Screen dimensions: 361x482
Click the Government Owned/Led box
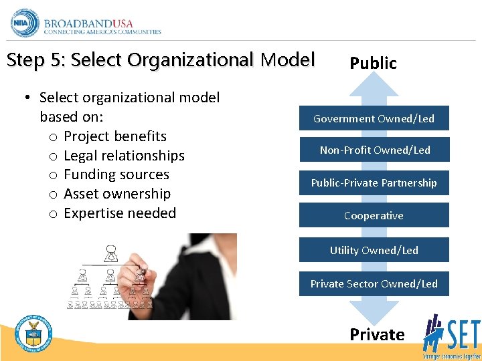(374, 118)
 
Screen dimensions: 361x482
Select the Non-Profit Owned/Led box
(374, 150)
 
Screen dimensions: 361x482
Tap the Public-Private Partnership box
(374, 183)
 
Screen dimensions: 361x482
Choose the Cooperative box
(374, 215)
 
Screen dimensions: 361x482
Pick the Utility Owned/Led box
(374, 250)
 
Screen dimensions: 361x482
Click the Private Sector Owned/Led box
(374, 283)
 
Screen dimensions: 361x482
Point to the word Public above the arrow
(373, 64)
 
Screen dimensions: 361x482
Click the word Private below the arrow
(377, 334)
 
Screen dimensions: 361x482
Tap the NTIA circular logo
(25, 23)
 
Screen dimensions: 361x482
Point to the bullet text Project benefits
(115, 136)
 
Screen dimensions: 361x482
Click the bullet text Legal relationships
(124, 156)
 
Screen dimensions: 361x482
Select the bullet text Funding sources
(116, 175)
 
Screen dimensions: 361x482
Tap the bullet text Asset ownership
(117, 195)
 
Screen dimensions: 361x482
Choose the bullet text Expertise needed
(120, 214)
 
